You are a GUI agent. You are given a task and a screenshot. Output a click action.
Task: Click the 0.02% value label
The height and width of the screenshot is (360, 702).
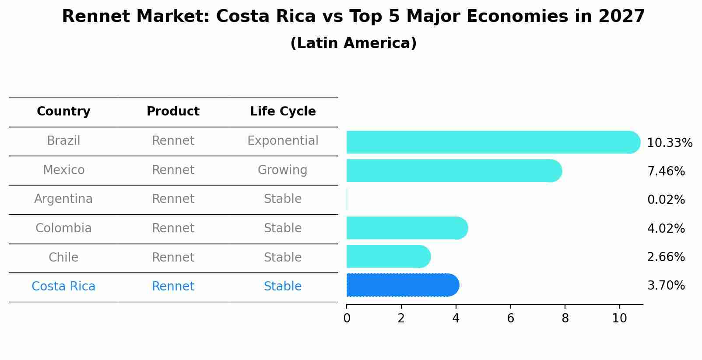(x=666, y=200)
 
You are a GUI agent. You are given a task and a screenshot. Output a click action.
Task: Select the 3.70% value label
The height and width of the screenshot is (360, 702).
(x=666, y=286)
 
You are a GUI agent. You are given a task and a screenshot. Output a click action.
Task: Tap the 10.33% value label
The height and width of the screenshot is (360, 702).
(x=669, y=143)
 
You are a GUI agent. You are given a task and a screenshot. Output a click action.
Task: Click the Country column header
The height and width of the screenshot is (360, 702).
(x=63, y=112)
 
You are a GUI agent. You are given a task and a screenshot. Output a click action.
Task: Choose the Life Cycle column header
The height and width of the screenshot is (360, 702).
(x=283, y=112)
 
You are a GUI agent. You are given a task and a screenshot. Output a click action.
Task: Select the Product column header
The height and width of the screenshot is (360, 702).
(x=173, y=112)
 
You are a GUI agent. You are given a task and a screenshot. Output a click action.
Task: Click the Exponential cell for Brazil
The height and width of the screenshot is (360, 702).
(x=283, y=141)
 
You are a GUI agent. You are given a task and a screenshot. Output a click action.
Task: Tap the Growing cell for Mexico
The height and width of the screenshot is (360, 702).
(x=282, y=170)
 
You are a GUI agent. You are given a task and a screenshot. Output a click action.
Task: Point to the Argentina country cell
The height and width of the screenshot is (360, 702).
(x=63, y=199)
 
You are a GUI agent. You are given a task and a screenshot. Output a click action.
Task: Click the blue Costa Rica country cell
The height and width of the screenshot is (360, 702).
(x=63, y=287)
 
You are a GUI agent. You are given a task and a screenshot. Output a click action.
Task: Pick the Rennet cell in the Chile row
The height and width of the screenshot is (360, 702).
(x=173, y=257)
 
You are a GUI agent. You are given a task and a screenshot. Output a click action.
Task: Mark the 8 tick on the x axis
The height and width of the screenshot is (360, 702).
(x=565, y=318)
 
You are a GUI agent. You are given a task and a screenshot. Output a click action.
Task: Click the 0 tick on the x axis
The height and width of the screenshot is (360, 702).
(x=347, y=318)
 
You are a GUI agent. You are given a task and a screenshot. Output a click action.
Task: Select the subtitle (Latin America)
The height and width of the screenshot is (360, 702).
(x=353, y=43)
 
